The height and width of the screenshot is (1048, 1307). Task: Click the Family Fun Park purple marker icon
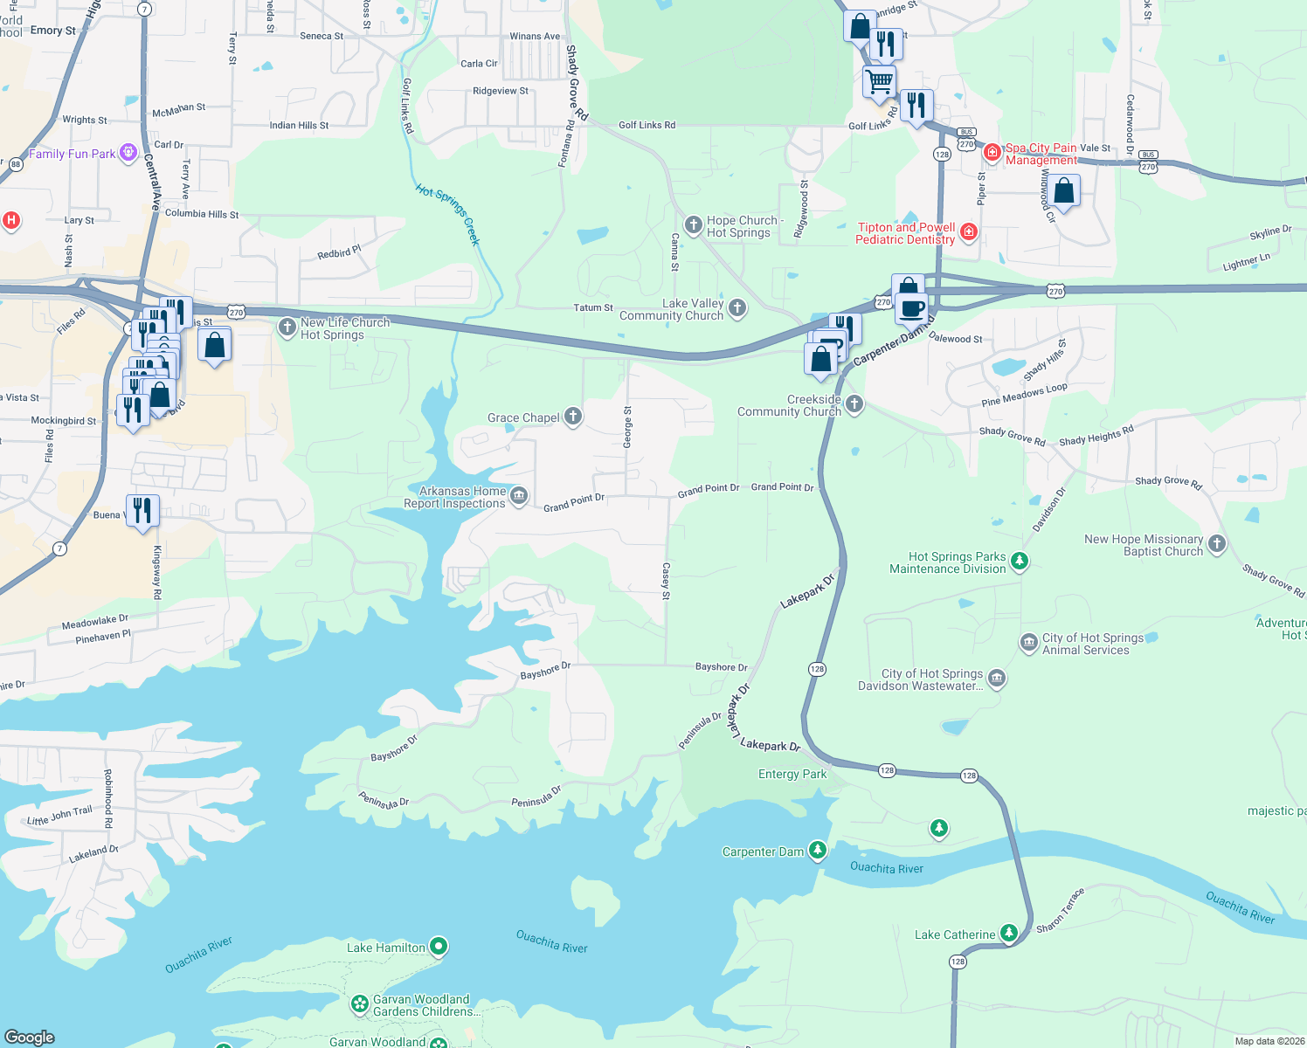click(128, 154)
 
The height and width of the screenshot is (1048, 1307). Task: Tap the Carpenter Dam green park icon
click(817, 850)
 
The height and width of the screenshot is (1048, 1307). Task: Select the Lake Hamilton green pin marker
click(439, 946)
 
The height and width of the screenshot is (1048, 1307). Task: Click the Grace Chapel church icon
click(573, 417)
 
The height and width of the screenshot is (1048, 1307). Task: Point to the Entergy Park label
click(792, 774)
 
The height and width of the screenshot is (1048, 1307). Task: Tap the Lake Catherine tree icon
click(1009, 934)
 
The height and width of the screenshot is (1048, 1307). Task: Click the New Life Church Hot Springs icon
click(287, 327)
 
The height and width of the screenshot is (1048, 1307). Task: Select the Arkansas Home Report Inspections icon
click(519, 496)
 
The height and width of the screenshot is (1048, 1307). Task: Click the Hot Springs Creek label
click(448, 215)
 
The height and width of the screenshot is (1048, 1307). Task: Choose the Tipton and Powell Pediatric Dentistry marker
click(968, 231)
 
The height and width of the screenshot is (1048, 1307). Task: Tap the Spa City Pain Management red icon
click(992, 153)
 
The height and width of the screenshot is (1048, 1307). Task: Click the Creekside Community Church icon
click(854, 403)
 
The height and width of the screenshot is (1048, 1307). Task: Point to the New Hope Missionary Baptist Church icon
click(1216, 544)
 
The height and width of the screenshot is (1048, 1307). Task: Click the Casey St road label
click(666, 582)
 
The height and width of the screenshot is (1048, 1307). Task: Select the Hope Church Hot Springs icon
click(693, 226)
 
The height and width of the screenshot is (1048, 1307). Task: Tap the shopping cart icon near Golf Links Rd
click(880, 81)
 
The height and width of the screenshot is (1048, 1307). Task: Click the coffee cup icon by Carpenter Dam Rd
click(913, 308)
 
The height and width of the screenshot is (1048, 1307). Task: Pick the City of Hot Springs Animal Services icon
click(1028, 643)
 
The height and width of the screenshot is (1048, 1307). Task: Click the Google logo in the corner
click(30, 1037)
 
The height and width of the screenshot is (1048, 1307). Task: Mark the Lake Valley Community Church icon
click(737, 307)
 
